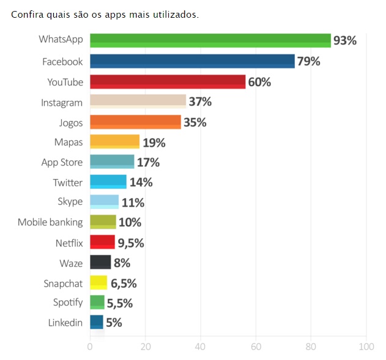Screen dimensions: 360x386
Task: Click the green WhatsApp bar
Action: tap(210, 40)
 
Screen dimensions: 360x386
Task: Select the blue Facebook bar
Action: tap(192, 61)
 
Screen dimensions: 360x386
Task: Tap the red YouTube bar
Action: tap(167, 82)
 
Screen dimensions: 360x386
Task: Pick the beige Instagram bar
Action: tap(138, 102)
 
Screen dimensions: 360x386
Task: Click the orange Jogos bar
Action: tap(135, 122)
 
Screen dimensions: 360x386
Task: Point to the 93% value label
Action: tap(344, 41)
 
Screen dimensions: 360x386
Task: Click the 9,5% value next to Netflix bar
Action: tap(131, 243)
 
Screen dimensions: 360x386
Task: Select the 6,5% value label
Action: tap(123, 283)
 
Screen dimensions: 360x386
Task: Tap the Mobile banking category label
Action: tap(50, 222)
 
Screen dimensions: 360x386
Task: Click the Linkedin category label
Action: tap(65, 323)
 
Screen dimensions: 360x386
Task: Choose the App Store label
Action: tap(62, 163)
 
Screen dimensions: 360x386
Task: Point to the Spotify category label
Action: tap(67, 303)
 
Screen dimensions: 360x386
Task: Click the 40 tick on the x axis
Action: tap(200, 347)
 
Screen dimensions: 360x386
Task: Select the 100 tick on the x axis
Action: tap(366, 347)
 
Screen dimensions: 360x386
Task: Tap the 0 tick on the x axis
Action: tap(90, 347)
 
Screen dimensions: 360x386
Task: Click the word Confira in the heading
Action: tap(28, 14)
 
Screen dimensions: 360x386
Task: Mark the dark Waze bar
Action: tap(100, 262)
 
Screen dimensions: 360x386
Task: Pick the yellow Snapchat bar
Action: tap(98, 282)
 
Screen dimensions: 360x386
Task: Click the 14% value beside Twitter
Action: tap(141, 182)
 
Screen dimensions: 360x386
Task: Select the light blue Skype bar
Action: tap(104, 202)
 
